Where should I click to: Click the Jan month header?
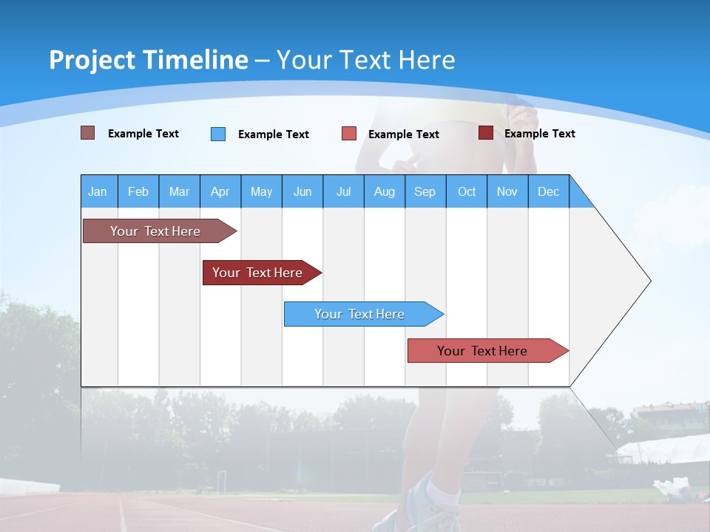pyautogui.click(x=98, y=191)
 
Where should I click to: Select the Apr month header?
pyautogui.click(x=220, y=191)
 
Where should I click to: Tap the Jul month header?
pyautogui.click(x=343, y=191)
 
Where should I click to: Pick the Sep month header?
pyautogui.click(x=425, y=191)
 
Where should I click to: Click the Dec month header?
pyautogui.click(x=548, y=191)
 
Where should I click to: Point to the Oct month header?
pyautogui.click(x=467, y=191)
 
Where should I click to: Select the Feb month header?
pyautogui.click(x=138, y=191)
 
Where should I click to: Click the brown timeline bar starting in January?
pyautogui.click(x=155, y=231)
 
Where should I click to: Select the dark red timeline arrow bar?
pyautogui.click(x=257, y=273)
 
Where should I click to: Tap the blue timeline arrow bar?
pyautogui.click(x=359, y=314)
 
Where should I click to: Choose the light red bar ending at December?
pyautogui.click(x=482, y=351)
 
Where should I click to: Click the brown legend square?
pyautogui.click(x=87, y=133)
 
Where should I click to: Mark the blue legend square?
pyautogui.click(x=218, y=134)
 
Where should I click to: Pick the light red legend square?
pyautogui.click(x=349, y=134)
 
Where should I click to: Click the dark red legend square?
pyautogui.click(x=485, y=133)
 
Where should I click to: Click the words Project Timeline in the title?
pyautogui.click(x=148, y=60)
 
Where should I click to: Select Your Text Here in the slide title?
pyautogui.click(x=365, y=60)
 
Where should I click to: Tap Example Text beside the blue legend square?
pyautogui.click(x=273, y=134)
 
